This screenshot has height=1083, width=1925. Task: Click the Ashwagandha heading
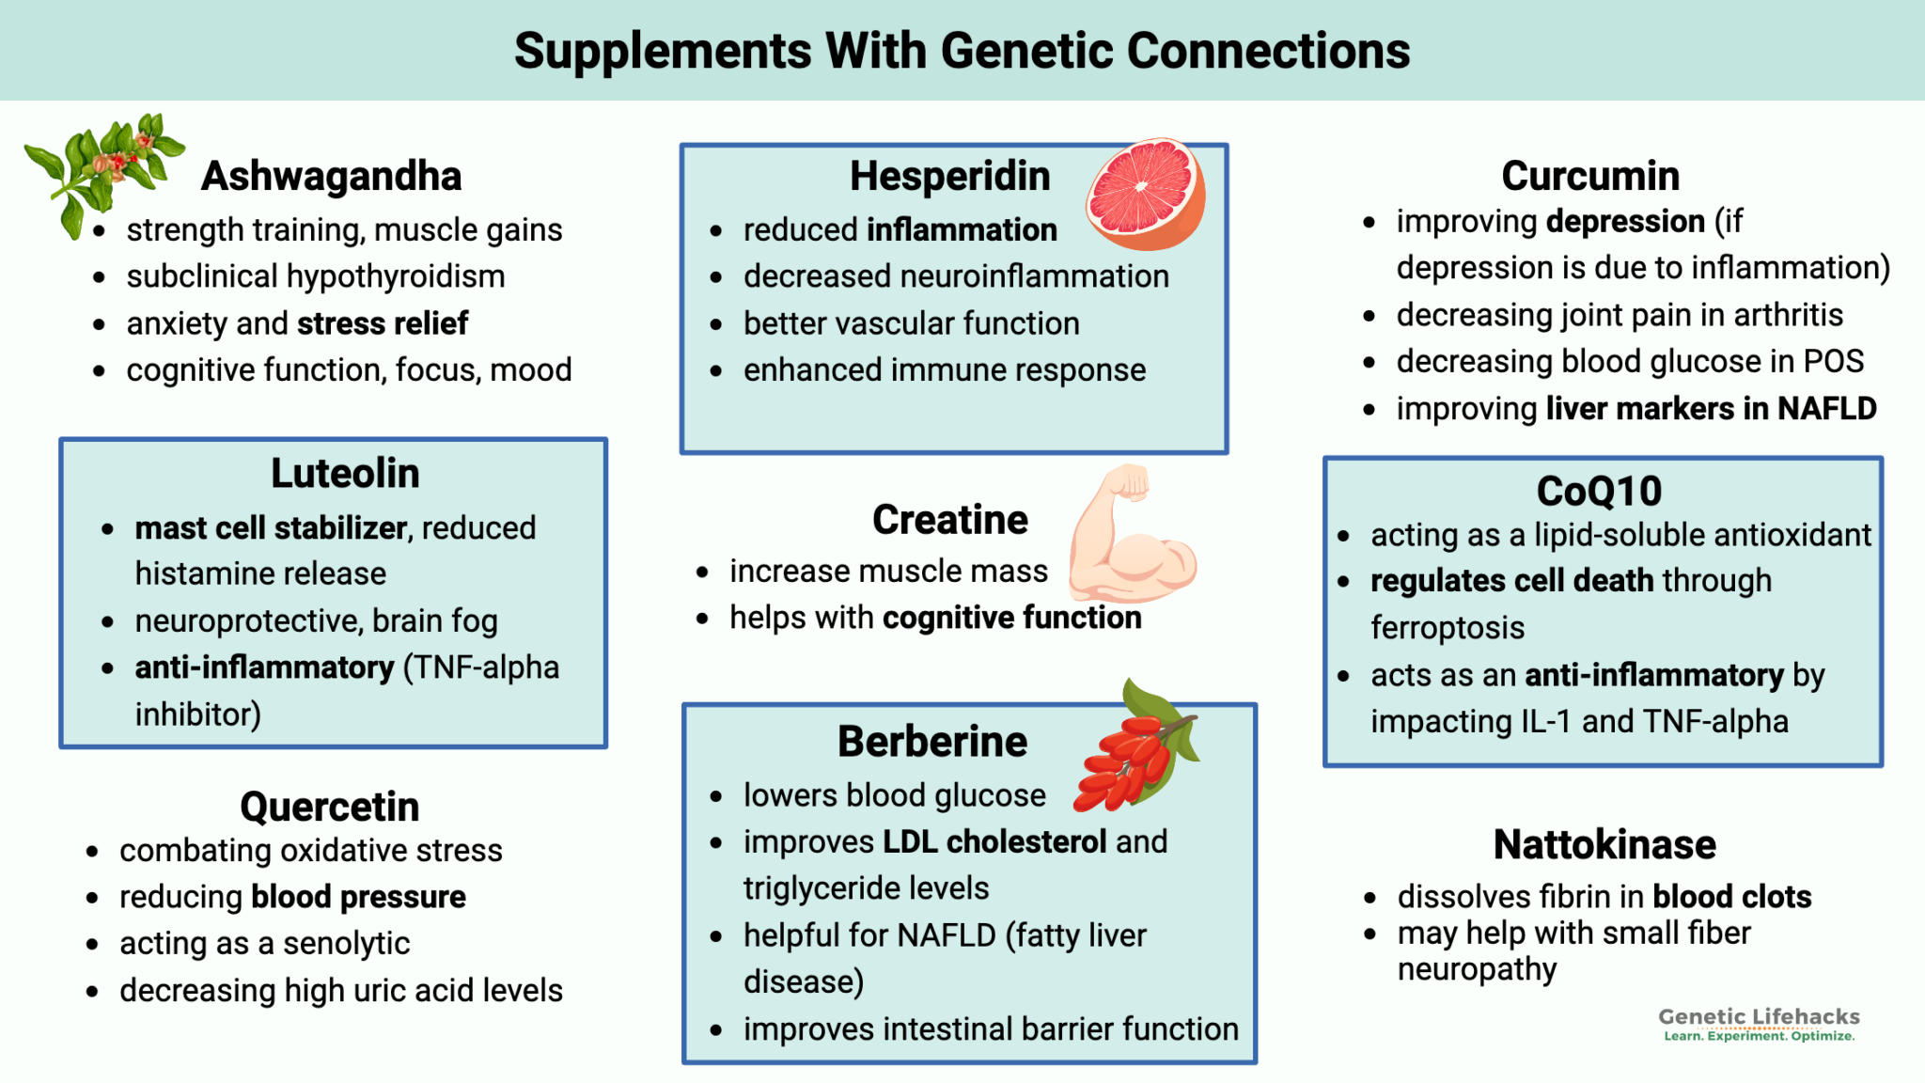(331, 176)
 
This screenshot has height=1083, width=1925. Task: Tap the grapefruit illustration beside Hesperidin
(1146, 194)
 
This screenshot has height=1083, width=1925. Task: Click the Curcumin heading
(1589, 176)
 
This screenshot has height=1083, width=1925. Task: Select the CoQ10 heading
(1599, 491)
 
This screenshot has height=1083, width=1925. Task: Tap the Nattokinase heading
(1604, 844)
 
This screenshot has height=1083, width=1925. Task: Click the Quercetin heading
(329, 807)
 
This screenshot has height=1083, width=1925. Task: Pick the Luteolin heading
(345, 473)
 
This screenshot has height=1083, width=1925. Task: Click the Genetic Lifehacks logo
(1758, 1024)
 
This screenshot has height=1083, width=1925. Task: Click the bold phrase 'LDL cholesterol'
(994, 841)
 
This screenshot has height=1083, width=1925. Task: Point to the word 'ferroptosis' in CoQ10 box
(1447, 628)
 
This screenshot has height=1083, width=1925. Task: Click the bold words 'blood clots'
(1731, 897)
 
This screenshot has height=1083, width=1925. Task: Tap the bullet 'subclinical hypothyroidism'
(316, 276)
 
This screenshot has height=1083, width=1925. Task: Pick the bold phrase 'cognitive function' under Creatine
(1011, 618)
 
